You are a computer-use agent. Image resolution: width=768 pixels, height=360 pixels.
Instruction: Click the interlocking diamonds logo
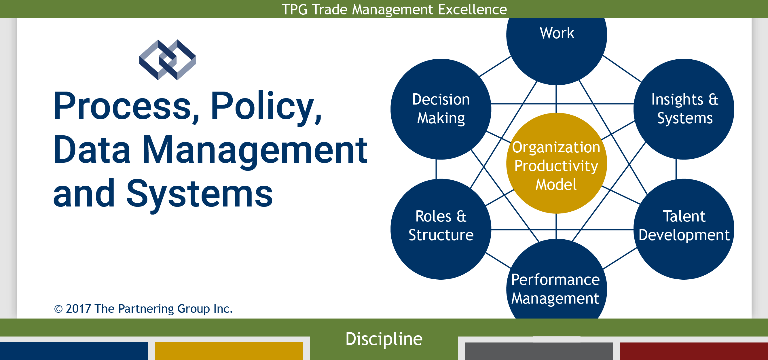(x=168, y=60)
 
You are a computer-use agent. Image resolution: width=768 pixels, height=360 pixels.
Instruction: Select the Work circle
(x=557, y=45)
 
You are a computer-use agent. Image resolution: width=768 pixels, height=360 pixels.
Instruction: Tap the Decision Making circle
(x=441, y=109)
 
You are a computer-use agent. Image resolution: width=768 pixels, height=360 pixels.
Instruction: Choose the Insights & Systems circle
(x=684, y=109)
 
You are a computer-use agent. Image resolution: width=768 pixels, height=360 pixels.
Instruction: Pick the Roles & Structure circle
(x=441, y=229)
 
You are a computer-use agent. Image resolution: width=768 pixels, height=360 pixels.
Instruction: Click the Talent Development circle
(x=684, y=229)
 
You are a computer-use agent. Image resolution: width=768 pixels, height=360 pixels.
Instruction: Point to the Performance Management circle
(x=557, y=280)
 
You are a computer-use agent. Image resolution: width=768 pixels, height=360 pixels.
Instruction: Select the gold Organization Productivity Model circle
(x=557, y=163)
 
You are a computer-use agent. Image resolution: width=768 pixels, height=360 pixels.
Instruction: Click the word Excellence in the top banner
(x=472, y=9)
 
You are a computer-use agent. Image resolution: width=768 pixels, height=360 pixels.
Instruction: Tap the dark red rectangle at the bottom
(x=694, y=351)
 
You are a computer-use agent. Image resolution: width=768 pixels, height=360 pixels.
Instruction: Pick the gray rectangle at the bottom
(x=539, y=351)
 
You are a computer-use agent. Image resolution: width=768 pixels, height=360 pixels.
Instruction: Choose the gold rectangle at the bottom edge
(x=229, y=351)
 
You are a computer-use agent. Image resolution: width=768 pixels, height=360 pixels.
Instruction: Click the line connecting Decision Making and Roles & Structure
(x=436, y=169)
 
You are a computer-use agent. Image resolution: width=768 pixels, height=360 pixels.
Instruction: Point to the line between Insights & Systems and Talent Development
(x=676, y=169)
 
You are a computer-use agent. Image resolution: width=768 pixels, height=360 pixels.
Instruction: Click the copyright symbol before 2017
(x=58, y=309)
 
